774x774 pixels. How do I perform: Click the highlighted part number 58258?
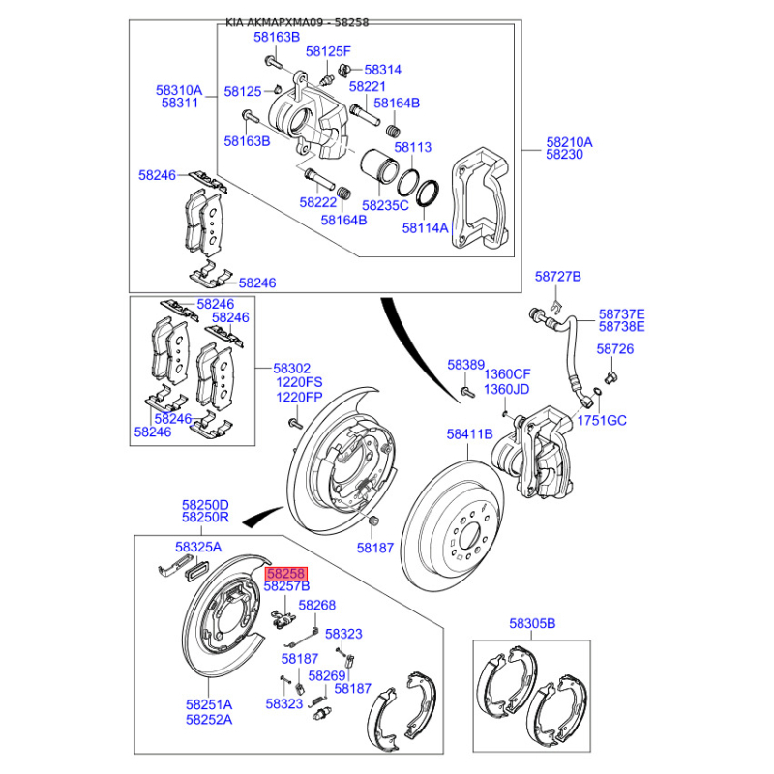285,574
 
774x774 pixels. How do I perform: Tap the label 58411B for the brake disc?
470,434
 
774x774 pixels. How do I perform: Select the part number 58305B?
532,624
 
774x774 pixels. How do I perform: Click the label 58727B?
557,277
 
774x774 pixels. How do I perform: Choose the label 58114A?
425,228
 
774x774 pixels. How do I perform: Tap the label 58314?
381,70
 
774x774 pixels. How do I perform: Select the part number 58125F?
328,50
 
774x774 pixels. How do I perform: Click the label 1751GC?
603,420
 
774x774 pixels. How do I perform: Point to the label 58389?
465,365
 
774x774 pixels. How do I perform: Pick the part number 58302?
291,369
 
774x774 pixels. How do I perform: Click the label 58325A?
199,548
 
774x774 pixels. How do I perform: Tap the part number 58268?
316,605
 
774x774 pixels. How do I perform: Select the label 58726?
614,348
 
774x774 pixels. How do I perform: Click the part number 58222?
317,202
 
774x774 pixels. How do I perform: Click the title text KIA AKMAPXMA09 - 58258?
297,21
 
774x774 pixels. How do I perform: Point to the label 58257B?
286,586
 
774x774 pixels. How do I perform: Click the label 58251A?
209,704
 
